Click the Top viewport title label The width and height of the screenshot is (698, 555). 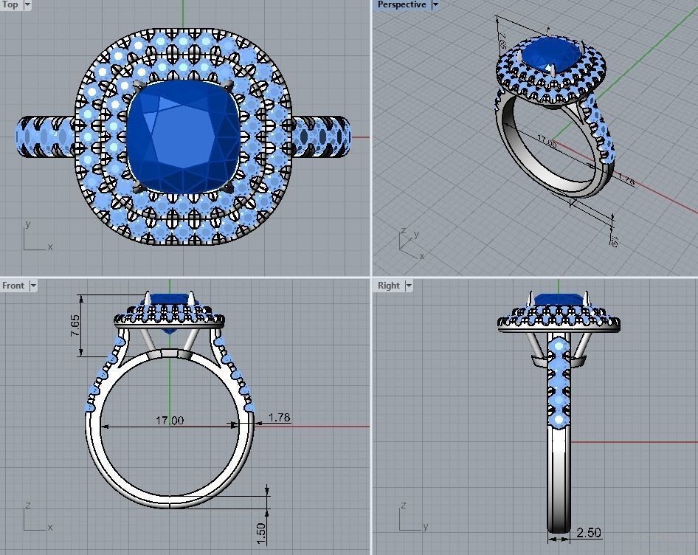(x=10, y=4)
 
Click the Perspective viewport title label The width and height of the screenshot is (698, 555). (x=401, y=4)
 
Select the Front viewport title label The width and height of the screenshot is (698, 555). (x=13, y=286)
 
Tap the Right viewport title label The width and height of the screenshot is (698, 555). (x=388, y=286)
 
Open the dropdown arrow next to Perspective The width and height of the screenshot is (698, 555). (x=435, y=4)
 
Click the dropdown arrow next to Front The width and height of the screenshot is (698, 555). (x=32, y=286)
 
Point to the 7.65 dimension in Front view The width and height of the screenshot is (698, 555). (x=75, y=325)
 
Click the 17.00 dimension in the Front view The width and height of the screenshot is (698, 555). (x=169, y=420)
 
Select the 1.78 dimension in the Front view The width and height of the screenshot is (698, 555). (x=279, y=418)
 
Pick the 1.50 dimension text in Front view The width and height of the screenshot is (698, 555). (x=260, y=531)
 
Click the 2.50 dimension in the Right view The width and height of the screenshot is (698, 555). (x=588, y=532)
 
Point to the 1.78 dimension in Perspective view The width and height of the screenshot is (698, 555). (x=625, y=179)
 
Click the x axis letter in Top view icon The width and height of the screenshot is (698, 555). (x=50, y=247)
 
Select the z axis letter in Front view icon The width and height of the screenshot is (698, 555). (x=27, y=506)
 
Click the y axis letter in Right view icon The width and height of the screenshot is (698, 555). (x=426, y=527)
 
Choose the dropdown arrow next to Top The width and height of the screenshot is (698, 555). (x=27, y=4)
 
